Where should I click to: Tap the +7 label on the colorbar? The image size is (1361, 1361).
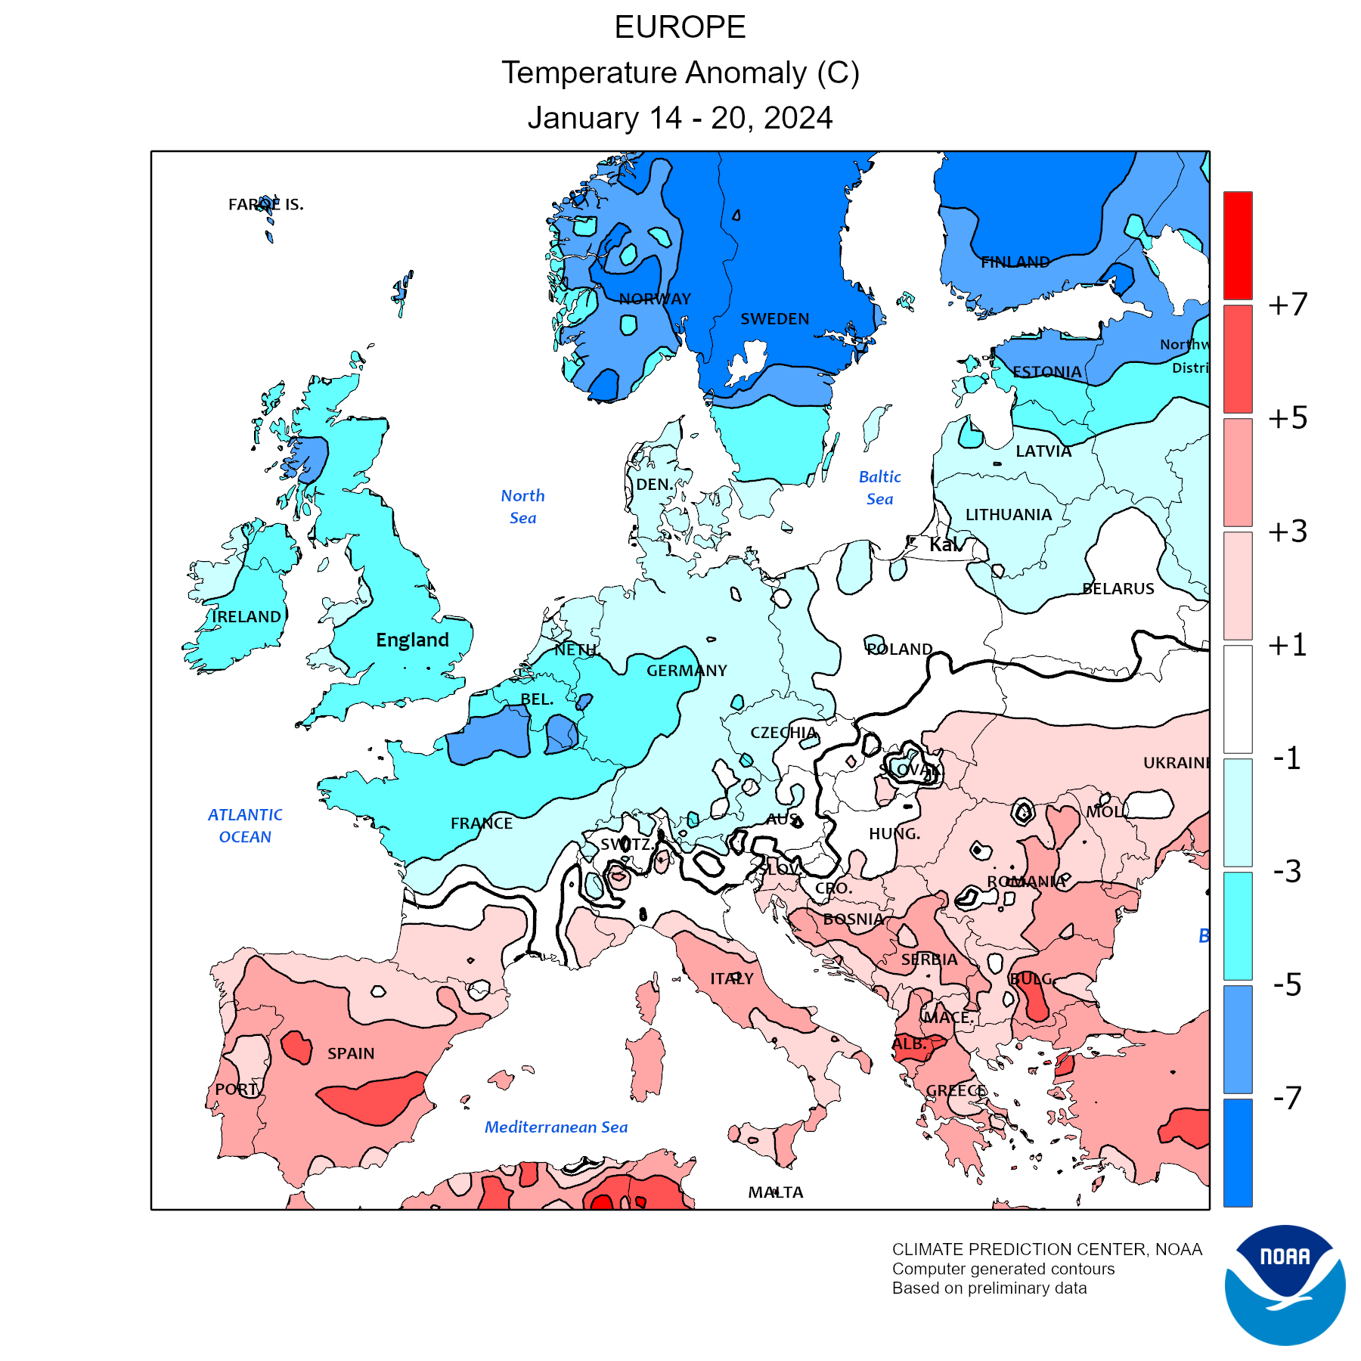1288,305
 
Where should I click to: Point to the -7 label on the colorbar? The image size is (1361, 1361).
1288,1097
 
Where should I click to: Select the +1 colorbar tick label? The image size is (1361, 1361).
1288,645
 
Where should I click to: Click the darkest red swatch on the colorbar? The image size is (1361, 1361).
1238,245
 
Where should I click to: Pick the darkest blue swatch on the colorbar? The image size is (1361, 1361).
1238,1152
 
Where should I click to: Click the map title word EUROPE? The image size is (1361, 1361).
680,28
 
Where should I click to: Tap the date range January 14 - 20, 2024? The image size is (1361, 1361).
680,118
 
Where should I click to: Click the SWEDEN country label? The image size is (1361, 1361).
775,319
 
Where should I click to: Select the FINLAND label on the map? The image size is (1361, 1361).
1015,262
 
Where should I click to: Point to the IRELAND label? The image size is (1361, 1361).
246,617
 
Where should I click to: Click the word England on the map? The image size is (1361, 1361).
413,640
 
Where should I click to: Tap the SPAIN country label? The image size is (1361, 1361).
351,1053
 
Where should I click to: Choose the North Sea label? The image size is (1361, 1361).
522,507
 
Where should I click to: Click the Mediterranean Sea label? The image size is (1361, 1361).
556,1127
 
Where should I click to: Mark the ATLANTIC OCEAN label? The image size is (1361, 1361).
245,826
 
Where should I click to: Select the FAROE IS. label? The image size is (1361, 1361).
266,204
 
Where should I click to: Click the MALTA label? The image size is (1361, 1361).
776,1192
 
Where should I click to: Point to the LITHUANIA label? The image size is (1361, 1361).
1009,515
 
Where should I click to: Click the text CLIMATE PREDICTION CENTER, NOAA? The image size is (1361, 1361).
1046,1250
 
